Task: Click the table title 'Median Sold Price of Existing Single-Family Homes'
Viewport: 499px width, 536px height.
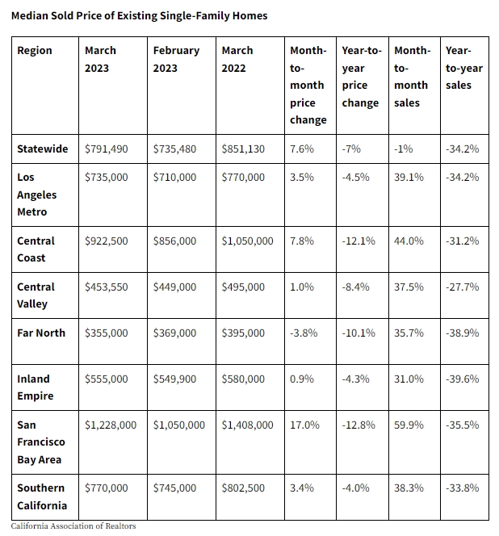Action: click(139, 15)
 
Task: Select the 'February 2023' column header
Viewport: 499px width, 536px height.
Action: click(176, 59)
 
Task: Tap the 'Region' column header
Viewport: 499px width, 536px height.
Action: click(35, 51)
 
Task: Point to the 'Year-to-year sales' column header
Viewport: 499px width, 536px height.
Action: click(464, 68)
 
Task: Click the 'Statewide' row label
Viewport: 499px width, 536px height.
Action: click(43, 149)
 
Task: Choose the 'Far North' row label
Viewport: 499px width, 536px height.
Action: click(41, 333)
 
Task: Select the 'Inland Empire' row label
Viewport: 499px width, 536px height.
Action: click(36, 387)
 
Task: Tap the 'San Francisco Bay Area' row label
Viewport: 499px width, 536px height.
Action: click(41, 442)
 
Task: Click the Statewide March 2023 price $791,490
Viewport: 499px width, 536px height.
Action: click(107, 149)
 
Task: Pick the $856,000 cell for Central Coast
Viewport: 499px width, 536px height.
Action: click(174, 241)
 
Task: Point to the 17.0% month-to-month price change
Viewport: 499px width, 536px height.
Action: click(304, 425)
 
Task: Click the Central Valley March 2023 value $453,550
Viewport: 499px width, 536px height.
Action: click(107, 287)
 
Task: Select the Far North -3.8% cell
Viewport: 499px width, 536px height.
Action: click(304, 333)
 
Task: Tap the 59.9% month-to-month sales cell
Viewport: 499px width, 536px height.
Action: click(409, 425)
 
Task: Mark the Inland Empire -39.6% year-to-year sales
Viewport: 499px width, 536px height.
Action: click(463, 379)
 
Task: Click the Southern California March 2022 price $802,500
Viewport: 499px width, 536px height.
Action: click(243, 488)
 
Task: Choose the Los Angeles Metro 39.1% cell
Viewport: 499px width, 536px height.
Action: click(409, 177)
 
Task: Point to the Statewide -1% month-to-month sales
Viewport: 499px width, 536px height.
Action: click(403, 149)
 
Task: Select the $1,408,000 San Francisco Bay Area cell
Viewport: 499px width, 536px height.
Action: click(247, 425)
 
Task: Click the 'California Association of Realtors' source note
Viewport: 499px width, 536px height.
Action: click(73, 526)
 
